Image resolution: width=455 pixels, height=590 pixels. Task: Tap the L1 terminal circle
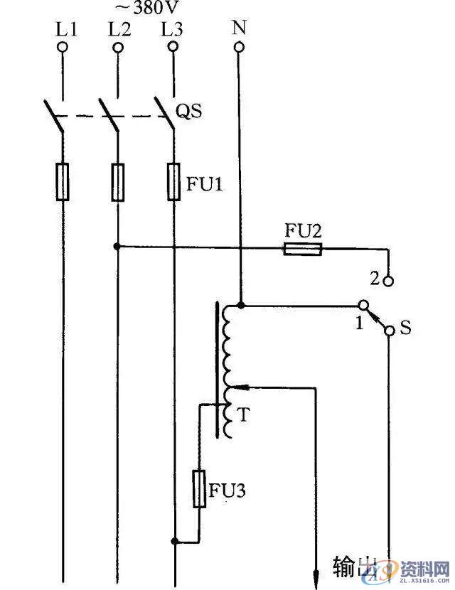63,48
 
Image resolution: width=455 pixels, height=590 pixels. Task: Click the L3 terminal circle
171,48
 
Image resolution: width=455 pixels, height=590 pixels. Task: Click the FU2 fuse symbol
302,249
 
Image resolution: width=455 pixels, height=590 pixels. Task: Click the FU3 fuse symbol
200,488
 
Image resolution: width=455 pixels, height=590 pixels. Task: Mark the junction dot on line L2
117,247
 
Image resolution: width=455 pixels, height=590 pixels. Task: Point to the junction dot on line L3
173,541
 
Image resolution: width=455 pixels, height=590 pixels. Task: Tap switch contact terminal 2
388,281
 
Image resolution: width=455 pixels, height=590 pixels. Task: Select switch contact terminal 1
363,306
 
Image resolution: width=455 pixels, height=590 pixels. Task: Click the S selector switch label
406,329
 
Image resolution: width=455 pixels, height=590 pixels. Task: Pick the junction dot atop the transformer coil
240,306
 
